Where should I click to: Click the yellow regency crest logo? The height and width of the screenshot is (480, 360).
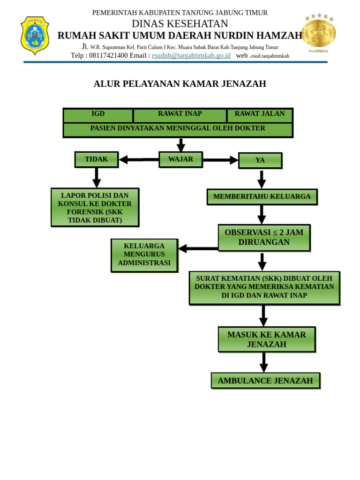click(x=35, y=36)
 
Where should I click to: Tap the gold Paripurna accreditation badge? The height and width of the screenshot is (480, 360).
click(x=319, y=33)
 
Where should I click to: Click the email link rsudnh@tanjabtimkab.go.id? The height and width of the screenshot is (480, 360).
click(x=191, y=55)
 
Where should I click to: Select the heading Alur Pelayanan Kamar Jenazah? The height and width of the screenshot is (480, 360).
click(x=180, y=84)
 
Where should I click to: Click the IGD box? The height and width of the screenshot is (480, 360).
click(x=98, y=114)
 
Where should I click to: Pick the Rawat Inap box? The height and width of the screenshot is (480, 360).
click(x=180, y=114)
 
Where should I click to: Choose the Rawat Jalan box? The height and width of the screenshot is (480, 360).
click(x=260, y=114)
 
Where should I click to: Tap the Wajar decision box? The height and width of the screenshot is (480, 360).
click(x=180, y=159)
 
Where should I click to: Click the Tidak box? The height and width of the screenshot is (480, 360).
click(x=96, y=159)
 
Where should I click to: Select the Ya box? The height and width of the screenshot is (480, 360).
click(x=260, y=160)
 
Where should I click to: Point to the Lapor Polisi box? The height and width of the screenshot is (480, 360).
click(x=95, y=207)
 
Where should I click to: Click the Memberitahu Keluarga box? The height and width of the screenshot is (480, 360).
click(x=262, y=197)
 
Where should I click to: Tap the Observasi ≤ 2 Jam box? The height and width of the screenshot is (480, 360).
click(x=264, y=237)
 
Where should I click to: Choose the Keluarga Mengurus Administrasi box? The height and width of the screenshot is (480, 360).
click(x=144, y=255)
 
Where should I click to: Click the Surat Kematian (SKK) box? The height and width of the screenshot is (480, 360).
click(x=264, y=287)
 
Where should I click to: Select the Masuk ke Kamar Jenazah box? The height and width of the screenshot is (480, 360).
click(x=266, y=339)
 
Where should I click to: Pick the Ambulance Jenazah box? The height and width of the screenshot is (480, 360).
click(x=265, y=381)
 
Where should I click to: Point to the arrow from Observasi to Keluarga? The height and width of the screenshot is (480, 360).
click(x=198, y=248)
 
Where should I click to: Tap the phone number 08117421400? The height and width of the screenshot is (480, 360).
click(x=108, y=55)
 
